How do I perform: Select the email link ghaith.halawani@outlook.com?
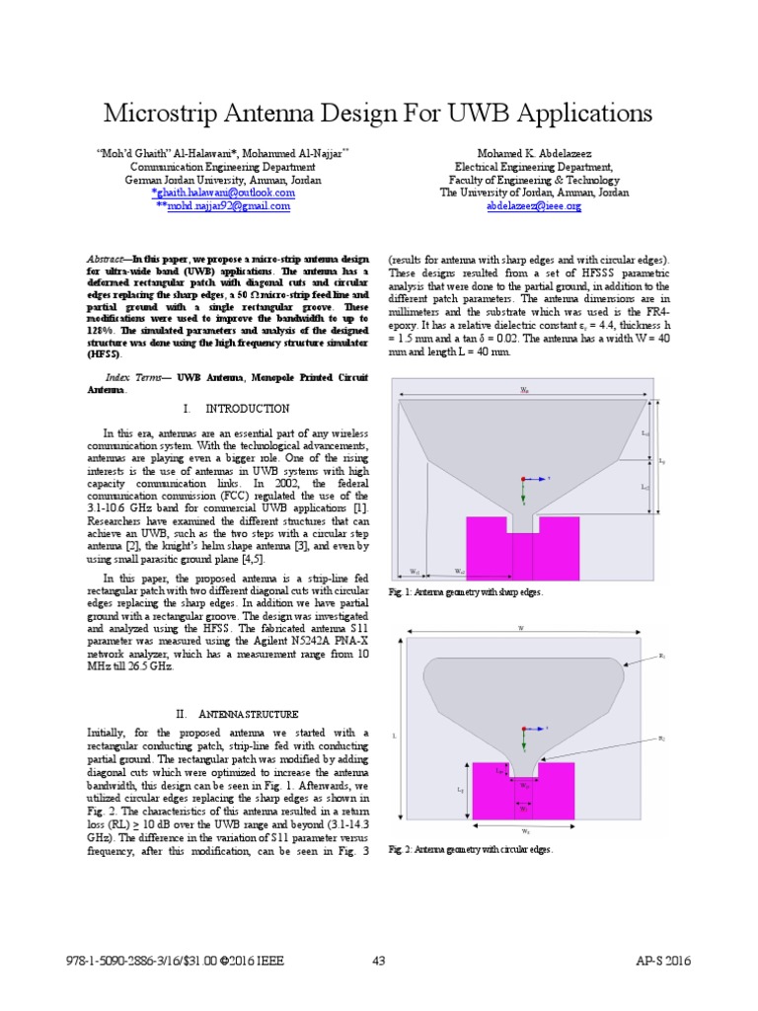click(x=224, y=194)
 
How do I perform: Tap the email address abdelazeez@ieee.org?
click(x=534, y=206)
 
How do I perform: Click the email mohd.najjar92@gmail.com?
click(x=223, y=206)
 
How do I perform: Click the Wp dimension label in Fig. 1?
click(x=524, y=391)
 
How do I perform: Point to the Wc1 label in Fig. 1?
click(x=416, y=571)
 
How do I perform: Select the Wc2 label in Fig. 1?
click(x=459, y=571)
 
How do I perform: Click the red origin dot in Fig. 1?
click(x=524, y=478)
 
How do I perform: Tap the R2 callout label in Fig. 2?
click(x=660, y=739)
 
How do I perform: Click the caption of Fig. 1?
click(x=465, y=591)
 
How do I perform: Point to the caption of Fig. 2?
click(x=471, y=848)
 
